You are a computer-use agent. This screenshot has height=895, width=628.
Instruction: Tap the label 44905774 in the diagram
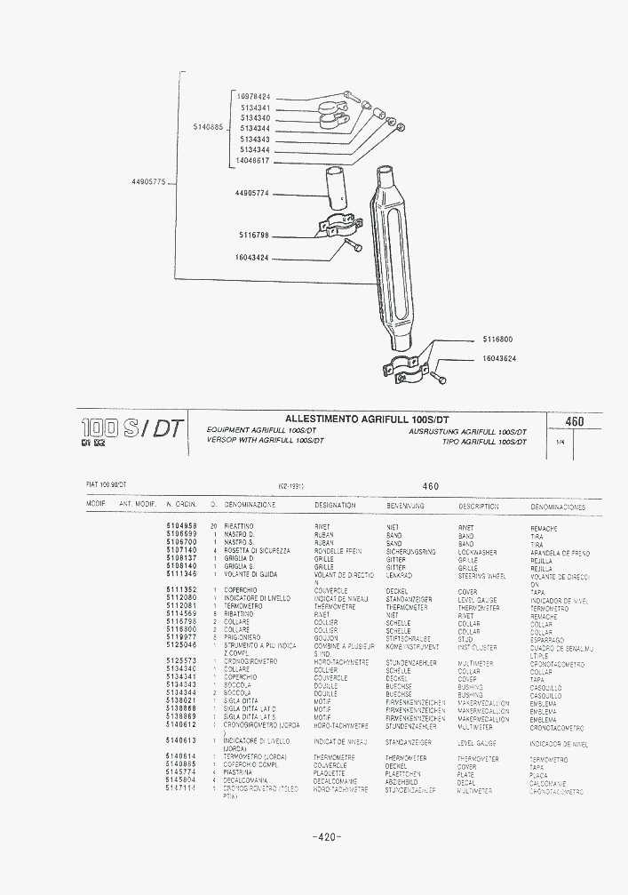[252, 193]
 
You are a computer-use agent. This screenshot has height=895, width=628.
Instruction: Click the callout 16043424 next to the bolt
[252, 257]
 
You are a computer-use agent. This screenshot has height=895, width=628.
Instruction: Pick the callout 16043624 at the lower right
[499, 358]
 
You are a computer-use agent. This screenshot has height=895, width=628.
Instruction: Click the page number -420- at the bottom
[327, 837]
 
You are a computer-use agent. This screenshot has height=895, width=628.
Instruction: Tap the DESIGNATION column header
[335, 506]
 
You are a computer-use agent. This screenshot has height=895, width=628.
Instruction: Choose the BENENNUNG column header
[405, 506]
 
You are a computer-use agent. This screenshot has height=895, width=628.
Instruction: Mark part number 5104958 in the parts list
[181, 527]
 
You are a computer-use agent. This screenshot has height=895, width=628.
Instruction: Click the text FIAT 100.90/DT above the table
[107, 485]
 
